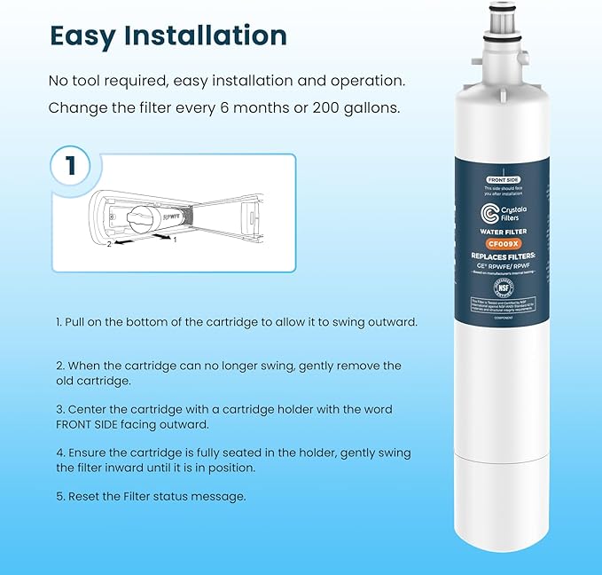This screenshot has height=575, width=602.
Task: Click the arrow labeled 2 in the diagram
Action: tap(121, 240)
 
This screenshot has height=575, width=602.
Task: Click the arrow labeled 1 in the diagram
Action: tap(162, 236)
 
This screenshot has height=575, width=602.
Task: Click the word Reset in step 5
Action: tap(83, 496)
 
